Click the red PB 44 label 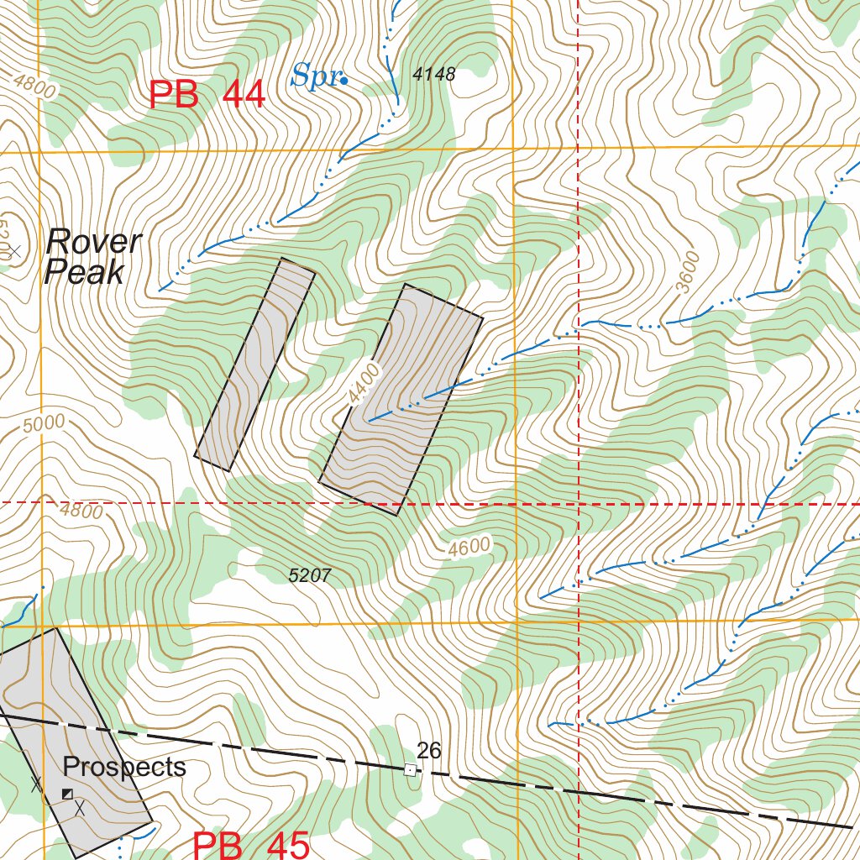207,95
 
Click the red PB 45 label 252,844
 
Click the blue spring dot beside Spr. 344,81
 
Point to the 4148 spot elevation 434,75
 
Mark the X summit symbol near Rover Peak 13,249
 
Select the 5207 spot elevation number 309,575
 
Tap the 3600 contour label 686,271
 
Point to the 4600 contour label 469,548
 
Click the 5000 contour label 44,424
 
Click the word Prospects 124,767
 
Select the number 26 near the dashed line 428,750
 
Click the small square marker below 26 410,769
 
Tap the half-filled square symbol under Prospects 67,794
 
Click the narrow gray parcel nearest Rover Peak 254,363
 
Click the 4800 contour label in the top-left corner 34,87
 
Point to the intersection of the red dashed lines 579,503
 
